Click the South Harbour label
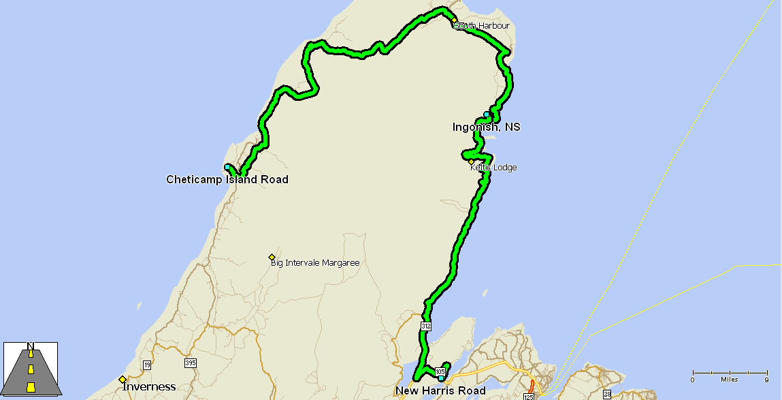[x=482, y=26]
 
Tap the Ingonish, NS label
[x=486, y=127]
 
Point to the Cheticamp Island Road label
[x=227, y=180]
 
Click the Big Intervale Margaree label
[x=314, y=262]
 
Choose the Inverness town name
[x=149, y=386]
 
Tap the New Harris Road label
[x=440, y=390]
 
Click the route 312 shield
[x=426, y=326]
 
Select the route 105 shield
[x=440, y=371]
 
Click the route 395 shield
[x=190, y=363]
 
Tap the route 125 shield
[x=529, y=396]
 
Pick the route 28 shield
[x=606, y=395]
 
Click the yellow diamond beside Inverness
[x=123, y=380]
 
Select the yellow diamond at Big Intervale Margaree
[x=272, y=257]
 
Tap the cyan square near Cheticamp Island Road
[x=227, y=167]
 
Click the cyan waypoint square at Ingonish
[x=487, y=114]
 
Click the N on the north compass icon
[x=31, y=345]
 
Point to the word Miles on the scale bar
[x=730, y=380]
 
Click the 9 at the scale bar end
[x=766, y=380]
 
